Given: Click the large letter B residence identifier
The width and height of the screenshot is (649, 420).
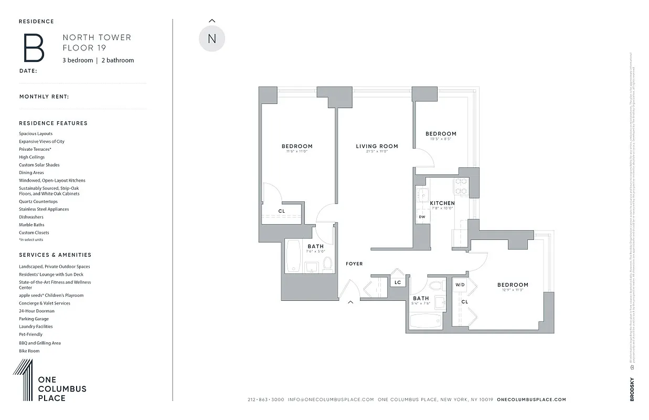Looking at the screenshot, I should [33, 48].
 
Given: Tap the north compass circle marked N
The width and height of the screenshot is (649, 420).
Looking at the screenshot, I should [212, 38].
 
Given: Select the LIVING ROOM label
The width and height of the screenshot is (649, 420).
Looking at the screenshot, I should [377, 146].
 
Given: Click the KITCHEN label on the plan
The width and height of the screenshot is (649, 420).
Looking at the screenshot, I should [442, 203].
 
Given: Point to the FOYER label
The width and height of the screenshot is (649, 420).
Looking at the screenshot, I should [354, 264].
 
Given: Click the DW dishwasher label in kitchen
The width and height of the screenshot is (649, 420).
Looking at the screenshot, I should [422, 217].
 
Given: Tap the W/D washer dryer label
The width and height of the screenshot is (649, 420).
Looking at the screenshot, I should [460, 285].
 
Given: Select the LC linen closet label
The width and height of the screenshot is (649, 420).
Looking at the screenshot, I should [398, 283].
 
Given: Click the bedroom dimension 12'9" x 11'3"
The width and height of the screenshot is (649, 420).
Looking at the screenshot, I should [513, 290].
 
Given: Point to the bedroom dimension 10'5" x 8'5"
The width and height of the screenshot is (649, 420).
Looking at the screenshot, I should [441, 139].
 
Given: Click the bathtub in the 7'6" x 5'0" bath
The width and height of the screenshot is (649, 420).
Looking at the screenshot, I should [293, 256].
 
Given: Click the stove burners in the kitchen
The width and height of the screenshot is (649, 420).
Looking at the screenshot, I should [461, 185].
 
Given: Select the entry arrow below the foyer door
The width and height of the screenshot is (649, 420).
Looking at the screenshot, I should [350, 302].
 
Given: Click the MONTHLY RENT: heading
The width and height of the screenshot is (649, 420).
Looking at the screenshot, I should [44, 97].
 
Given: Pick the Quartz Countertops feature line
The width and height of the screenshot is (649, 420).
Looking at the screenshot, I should [38, 202].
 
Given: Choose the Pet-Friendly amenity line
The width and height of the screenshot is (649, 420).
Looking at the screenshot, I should [30, 334].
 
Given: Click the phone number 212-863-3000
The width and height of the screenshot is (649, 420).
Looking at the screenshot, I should [265, 400].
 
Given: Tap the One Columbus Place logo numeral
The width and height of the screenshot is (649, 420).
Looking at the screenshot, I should [23, 381].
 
